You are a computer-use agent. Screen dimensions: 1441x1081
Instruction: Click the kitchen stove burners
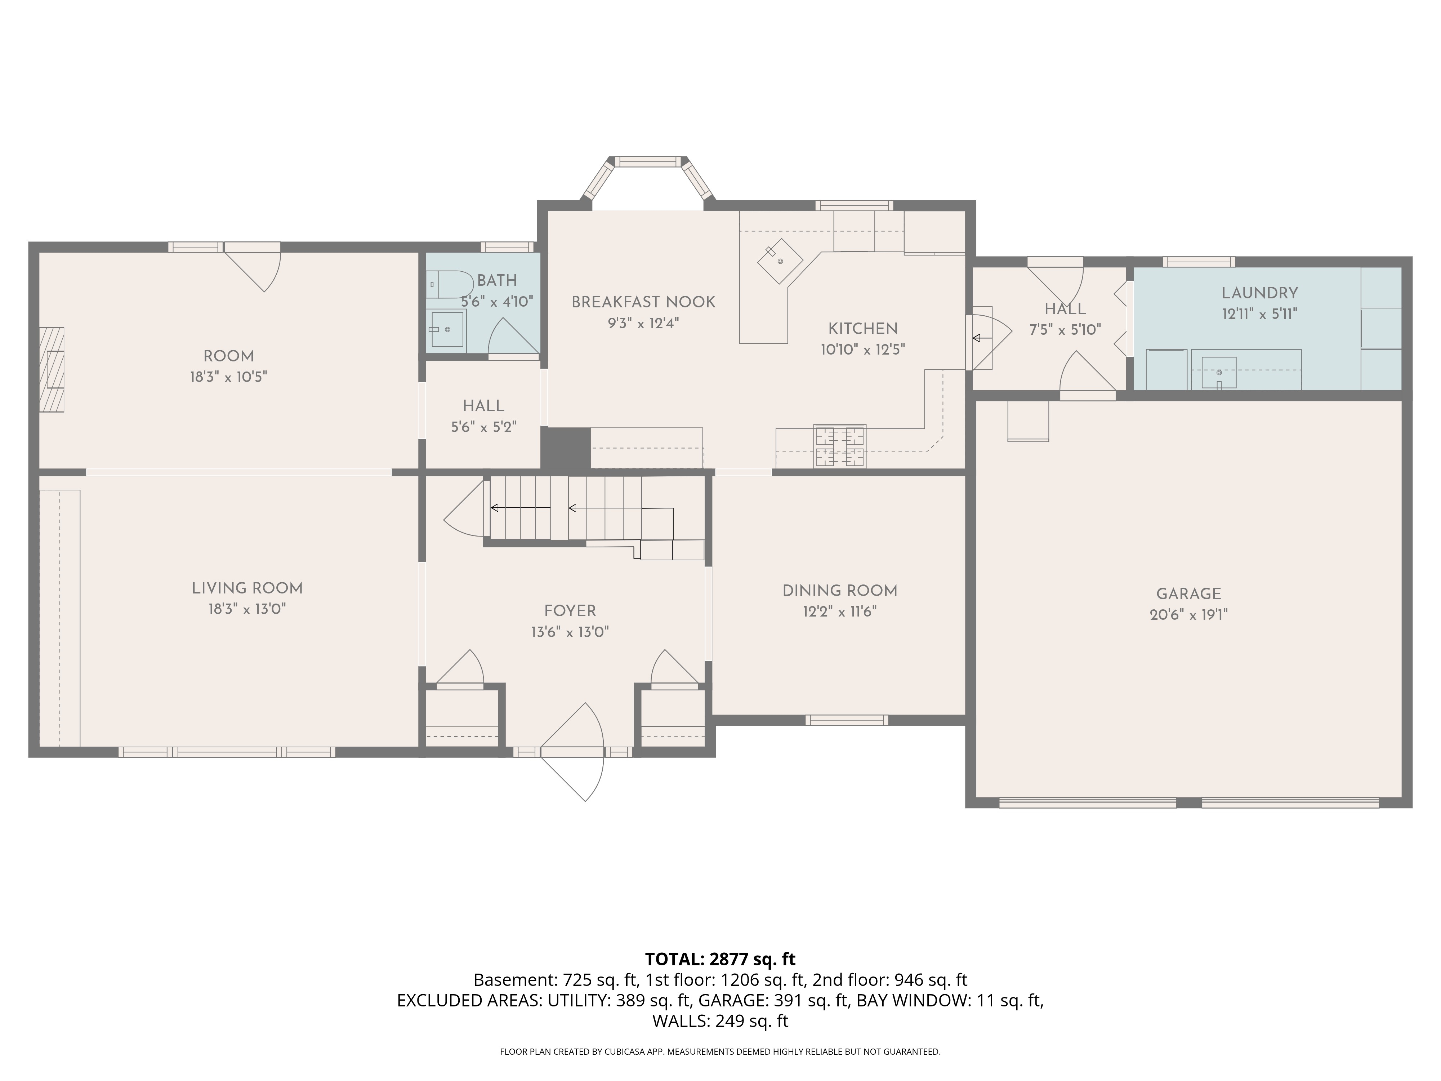(840, 446)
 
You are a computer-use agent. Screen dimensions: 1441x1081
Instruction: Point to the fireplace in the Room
(52, 369)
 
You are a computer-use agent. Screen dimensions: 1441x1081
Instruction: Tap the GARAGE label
(1188, 593)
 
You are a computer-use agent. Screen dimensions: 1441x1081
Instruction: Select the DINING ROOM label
(840, 590)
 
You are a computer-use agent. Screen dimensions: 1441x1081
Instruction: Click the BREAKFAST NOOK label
(643, 302)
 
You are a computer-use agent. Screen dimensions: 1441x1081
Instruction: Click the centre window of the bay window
(648, 161)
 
